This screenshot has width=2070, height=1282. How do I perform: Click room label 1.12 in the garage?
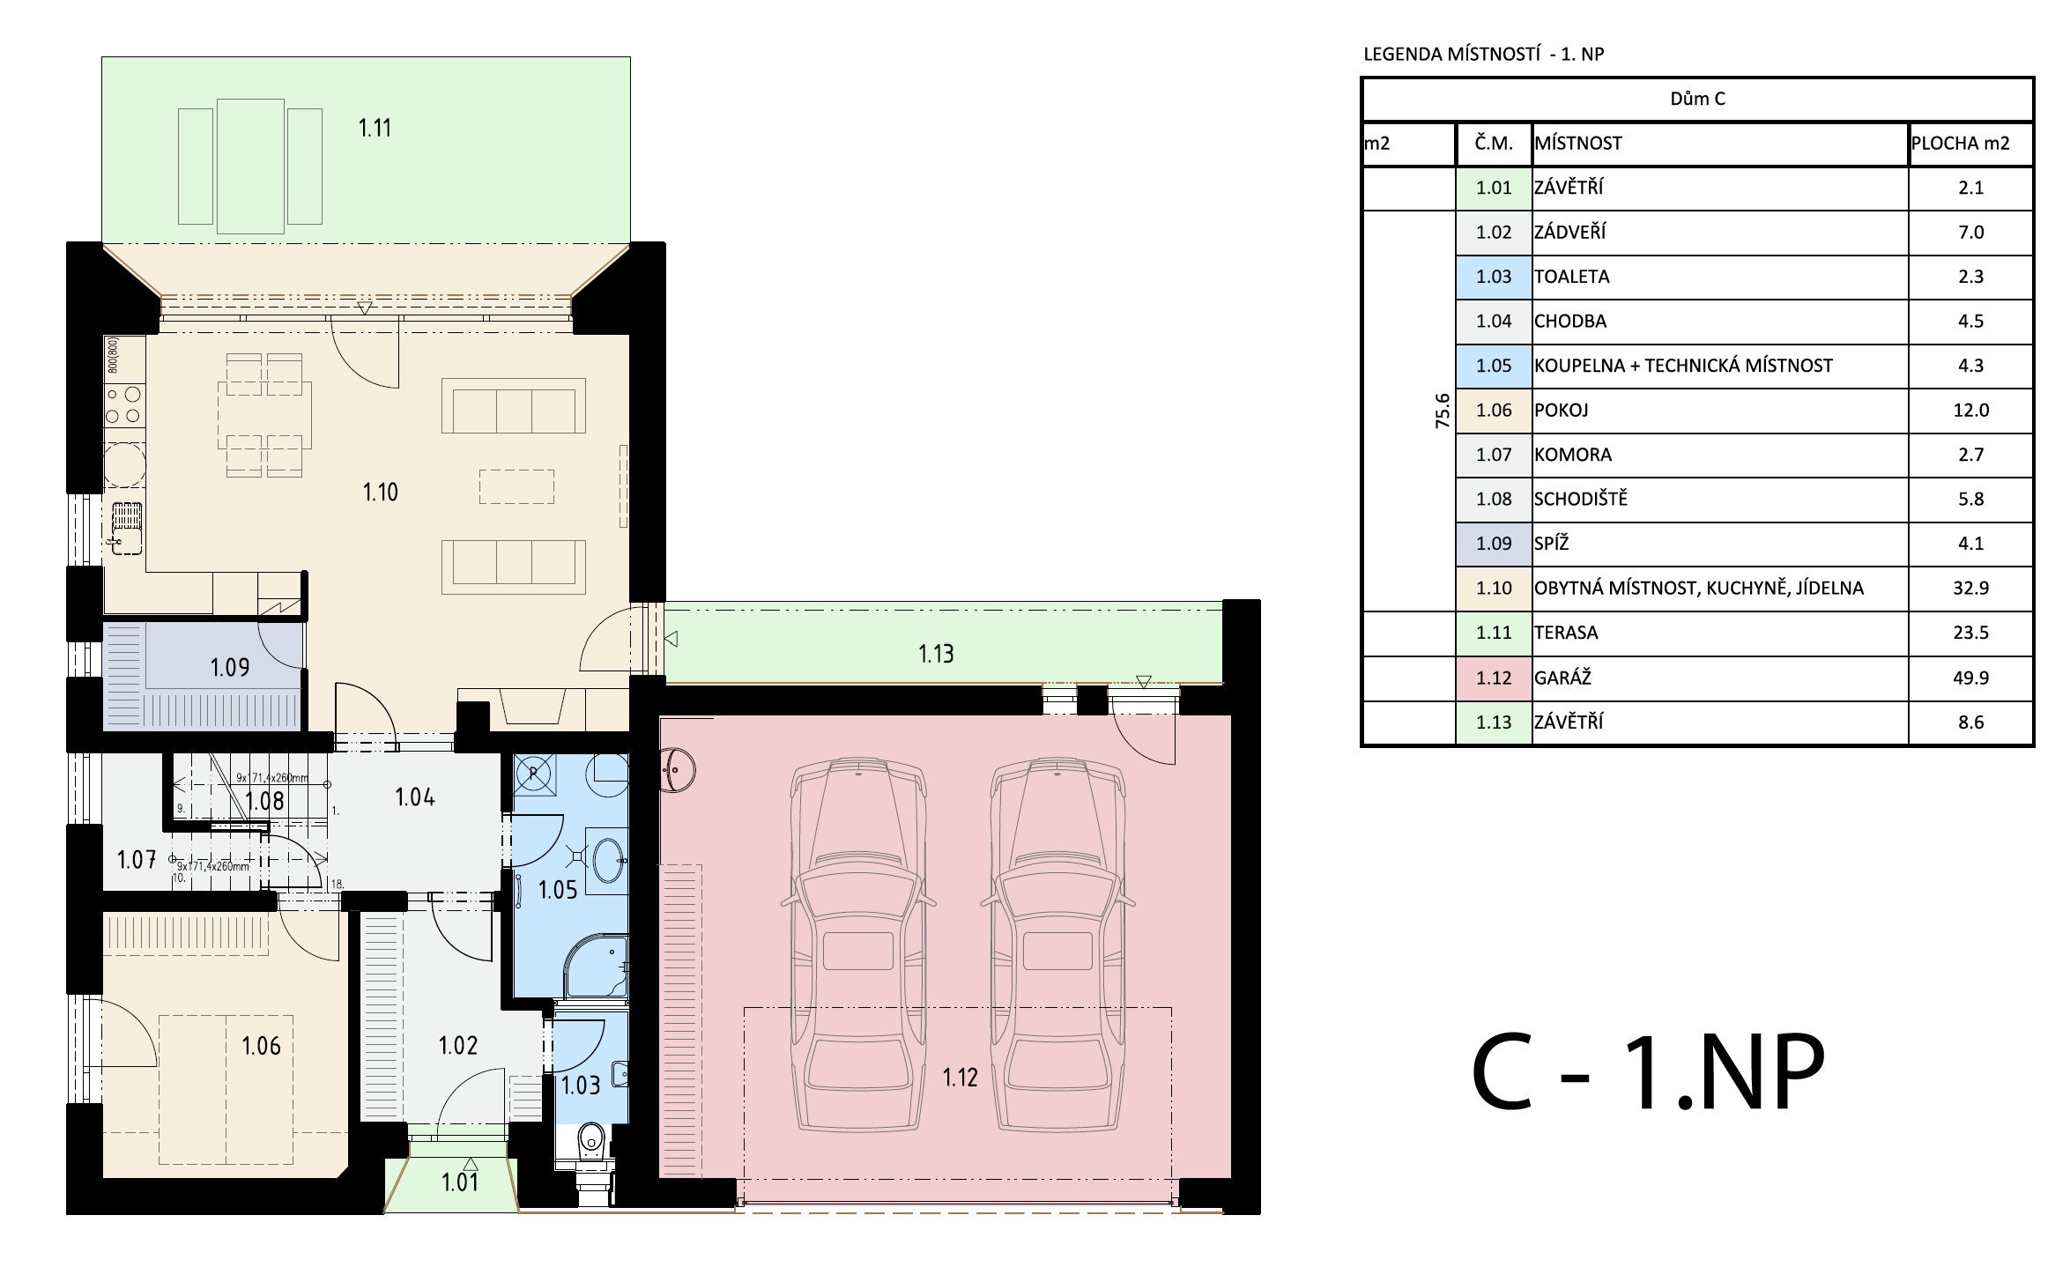click(960, 1078)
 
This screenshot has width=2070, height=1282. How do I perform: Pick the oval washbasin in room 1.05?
click(609, 860)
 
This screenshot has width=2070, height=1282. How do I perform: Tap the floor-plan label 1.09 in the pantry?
click(230, 668)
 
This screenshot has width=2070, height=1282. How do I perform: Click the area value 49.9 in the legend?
click(1970, 678)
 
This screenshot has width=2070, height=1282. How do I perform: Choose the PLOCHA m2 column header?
click(1961, 144)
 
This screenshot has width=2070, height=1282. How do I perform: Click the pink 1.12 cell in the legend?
click(1494, 678)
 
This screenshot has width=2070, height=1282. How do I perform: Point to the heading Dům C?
click(1697, 99)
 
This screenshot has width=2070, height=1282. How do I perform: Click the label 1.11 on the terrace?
click(375, 129)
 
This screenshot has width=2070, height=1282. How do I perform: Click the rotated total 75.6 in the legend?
click(1443, 411)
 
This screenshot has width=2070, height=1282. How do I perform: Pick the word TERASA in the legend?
click(1566, 633)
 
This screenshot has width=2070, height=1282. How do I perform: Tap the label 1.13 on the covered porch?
click(936, 654)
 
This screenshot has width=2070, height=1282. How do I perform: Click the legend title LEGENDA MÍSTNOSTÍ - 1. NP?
click(1484, 54)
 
